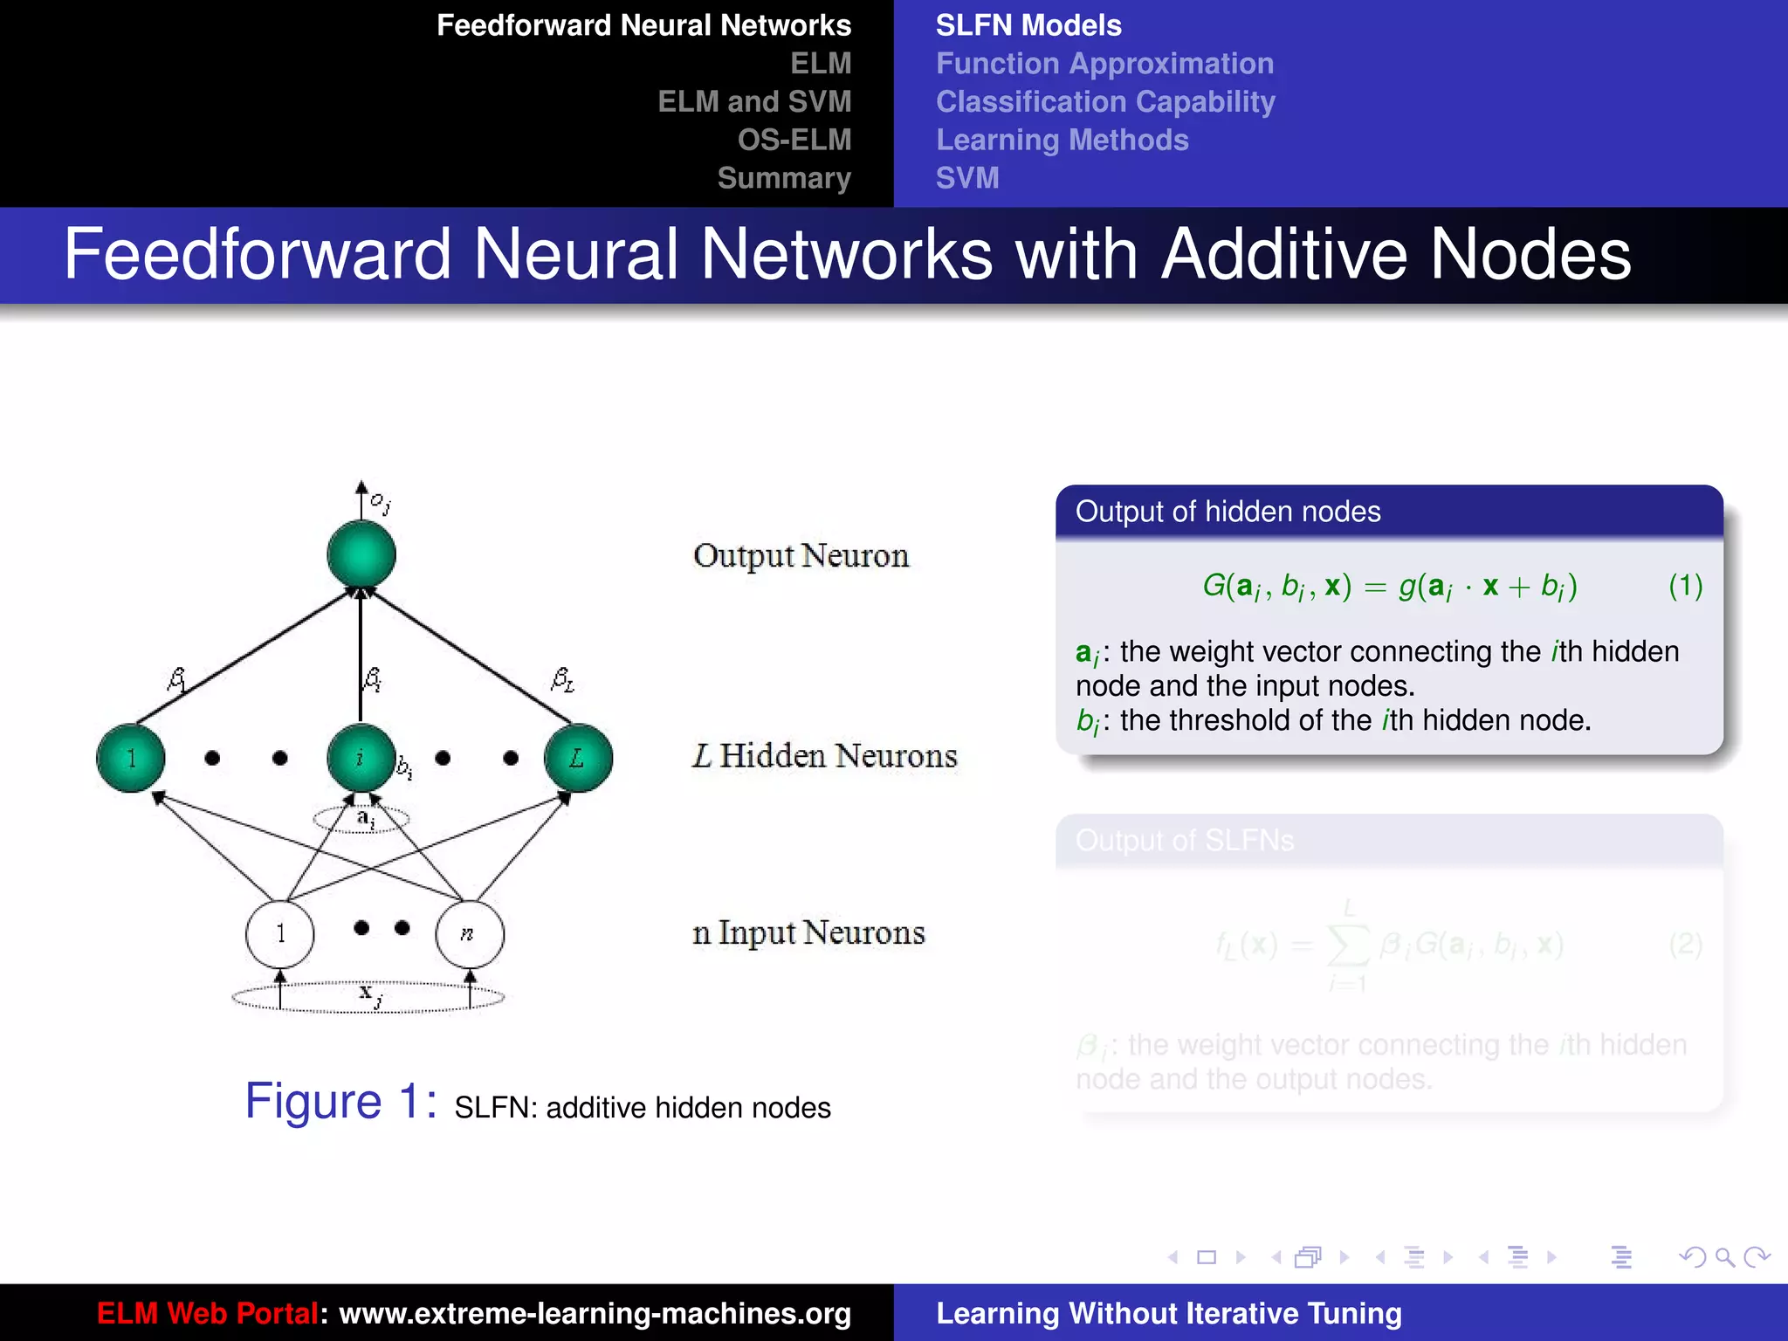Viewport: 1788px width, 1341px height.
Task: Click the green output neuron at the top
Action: pos(361,554)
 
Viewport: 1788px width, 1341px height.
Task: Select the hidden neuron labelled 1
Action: pos(131,758)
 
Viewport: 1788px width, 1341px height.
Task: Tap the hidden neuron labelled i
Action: pos(361,758)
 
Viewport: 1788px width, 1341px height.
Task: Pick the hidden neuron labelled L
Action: pos(577,758)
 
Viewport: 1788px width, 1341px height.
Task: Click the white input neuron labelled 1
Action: pos(280,934)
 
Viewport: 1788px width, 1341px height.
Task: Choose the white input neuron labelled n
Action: pos(469,934)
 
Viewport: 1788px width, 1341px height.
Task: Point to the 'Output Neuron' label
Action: pos(801,556)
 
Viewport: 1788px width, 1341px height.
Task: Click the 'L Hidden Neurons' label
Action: pos(825,756)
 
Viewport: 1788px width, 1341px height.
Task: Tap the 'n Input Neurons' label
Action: pos(808,933)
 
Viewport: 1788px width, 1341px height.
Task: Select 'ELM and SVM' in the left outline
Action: pos(754,101)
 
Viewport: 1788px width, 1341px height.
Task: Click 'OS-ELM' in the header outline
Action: pos(794,140)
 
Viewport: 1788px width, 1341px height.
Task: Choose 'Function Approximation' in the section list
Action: pos(1104,64)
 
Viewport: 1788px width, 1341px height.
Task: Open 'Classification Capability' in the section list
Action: pos(1105,102)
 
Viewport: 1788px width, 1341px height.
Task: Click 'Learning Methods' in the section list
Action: pos(1062,140)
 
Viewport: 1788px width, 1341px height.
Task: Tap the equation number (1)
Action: pos(1685,586)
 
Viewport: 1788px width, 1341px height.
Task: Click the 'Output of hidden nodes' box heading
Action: pos(1228,512)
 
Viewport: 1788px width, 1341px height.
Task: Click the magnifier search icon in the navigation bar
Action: pos(1724,1257)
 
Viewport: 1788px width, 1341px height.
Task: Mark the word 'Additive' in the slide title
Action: pos(1283,254)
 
